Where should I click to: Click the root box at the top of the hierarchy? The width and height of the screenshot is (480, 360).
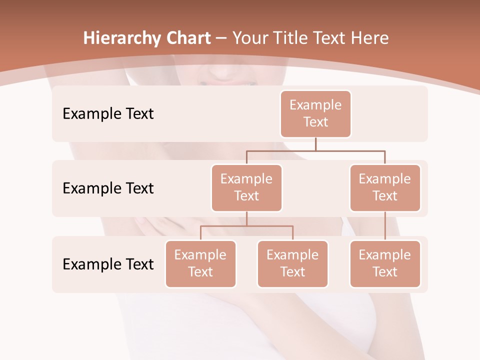315,113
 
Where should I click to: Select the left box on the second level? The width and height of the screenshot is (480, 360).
246,187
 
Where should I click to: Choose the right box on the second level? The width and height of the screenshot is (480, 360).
385,187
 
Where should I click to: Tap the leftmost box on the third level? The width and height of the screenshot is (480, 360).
200,263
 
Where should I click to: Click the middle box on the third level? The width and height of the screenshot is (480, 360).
292,263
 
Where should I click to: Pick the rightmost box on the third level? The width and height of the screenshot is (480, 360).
385,263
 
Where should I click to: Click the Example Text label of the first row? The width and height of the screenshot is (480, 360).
108,114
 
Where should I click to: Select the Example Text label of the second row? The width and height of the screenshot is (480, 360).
108,188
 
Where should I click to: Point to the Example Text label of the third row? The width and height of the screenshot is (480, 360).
108,264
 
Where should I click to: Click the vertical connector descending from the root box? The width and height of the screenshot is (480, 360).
315,144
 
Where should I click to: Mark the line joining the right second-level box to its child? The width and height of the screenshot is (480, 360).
385,226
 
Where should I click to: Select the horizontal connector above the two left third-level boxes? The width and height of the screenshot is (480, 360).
246,226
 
